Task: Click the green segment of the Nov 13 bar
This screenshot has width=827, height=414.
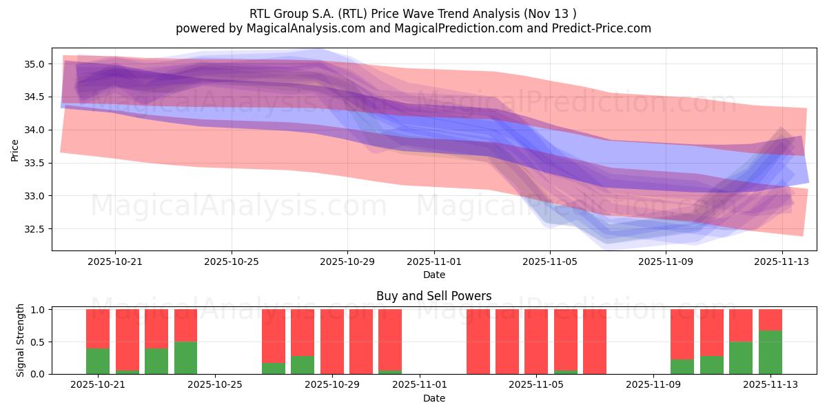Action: coord(770,353)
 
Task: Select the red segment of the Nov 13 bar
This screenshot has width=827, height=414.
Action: coord(770,319)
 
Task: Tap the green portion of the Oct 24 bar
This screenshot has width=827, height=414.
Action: coord(185,358)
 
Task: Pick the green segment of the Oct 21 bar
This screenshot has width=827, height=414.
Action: coord(98,361)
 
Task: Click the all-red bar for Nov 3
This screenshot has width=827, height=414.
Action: coord(478,342)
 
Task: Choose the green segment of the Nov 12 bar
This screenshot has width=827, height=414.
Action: coord(741,358)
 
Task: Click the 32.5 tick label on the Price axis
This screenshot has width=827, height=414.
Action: coord(34,229)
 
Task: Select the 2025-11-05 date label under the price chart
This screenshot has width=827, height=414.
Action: coord(549,262)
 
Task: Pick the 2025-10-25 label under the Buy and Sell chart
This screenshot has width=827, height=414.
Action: coord(216,385)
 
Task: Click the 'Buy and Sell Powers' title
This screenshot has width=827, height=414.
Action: coord(433,296)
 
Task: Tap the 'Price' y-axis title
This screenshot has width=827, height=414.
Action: coord(15,150)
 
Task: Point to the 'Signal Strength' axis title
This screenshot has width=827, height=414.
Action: coord(21,340)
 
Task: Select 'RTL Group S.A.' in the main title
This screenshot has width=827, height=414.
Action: coord(287,13)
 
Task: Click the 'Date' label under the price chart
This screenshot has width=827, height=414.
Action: coord(433,275)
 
